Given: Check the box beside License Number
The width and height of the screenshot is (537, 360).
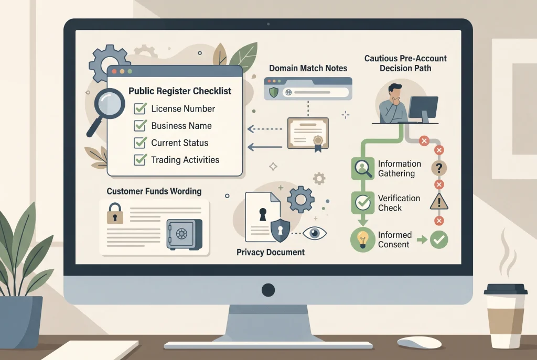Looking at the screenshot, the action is [140, 108].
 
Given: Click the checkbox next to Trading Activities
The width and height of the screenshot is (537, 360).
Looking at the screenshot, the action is [140, 160].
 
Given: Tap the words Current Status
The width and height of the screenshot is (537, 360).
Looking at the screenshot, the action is [179, 143].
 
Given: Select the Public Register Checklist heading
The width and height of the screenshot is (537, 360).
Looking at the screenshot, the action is [180, 91].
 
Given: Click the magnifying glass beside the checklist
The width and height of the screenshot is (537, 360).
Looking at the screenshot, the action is [106, 110].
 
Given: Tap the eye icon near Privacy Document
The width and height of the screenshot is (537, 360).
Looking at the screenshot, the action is [315, 233].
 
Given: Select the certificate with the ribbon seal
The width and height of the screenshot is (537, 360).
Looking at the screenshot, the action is [308, 134].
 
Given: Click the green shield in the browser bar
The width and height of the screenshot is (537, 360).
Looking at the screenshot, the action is [273, 92].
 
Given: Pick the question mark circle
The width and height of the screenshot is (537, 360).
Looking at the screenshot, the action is [439, 168].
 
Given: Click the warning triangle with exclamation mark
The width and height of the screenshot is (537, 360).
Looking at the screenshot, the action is [439, 202].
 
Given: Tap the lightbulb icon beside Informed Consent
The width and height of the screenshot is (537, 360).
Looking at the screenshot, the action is [363, 239].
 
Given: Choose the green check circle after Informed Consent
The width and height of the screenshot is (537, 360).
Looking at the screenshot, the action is [439, 239].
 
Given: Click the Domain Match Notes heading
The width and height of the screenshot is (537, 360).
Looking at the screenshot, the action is [308, 68].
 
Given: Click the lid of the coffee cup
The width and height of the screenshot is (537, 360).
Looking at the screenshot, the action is [506, 289].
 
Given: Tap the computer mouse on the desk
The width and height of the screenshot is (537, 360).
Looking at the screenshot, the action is [419, 342].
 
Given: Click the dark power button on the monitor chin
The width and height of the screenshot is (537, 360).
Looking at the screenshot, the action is [268, 290].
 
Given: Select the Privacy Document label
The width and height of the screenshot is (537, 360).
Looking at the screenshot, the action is [271, 252].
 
